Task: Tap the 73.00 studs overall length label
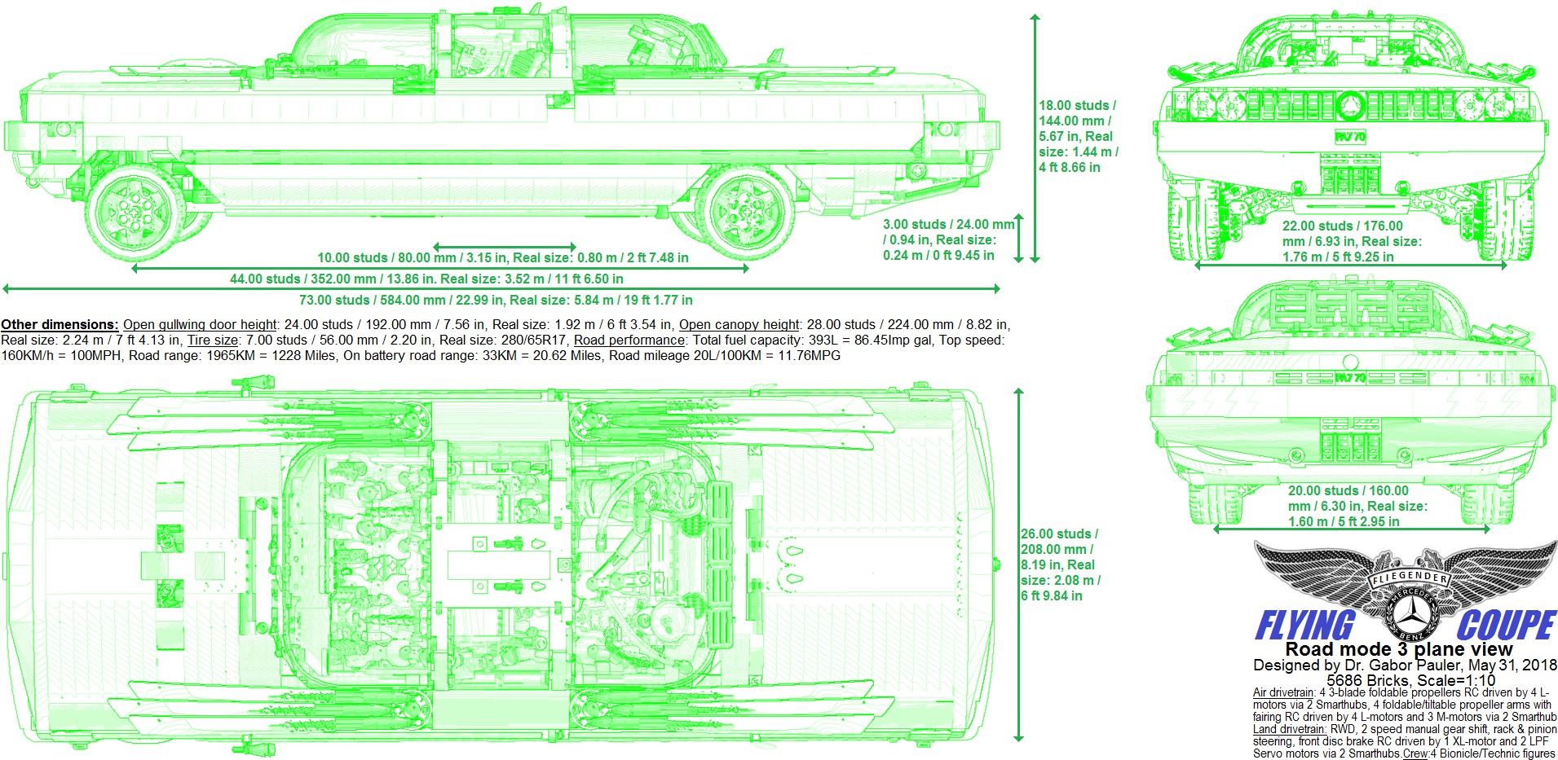(496, 301)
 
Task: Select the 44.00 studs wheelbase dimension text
(426, 279)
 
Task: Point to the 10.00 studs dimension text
(502, 258)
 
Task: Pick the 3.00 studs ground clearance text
(947, 240)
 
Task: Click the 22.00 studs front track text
(1351, 241)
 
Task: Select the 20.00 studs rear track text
(1357, 506)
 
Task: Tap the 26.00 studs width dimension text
(1060, 565)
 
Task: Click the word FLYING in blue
(1304, 626)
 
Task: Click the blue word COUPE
(1506, 626)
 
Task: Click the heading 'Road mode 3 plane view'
(1398, 650)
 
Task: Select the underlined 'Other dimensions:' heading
(60, 325)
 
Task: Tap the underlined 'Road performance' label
(629, 340)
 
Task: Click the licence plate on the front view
(1350, 137)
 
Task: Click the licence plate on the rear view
(1350, 378)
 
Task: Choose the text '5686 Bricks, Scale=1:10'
(1410, 680)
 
